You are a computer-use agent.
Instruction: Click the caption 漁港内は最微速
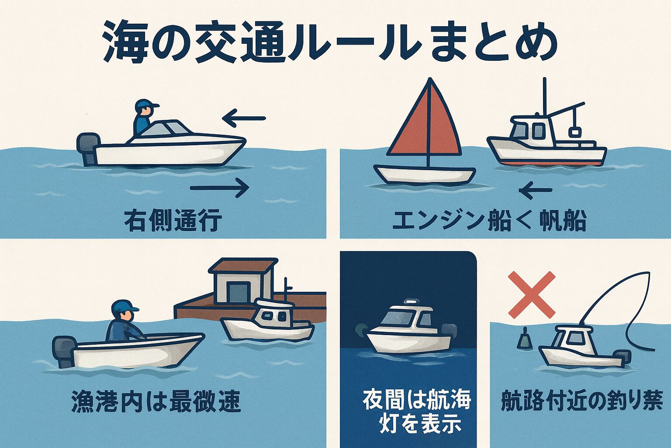point(156,401)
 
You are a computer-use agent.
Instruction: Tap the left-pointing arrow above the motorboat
point(244,119)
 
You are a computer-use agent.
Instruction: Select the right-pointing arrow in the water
point(220,188)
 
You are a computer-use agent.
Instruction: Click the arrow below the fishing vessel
point(535,190)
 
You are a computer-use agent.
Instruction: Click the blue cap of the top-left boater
point(146,105)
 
